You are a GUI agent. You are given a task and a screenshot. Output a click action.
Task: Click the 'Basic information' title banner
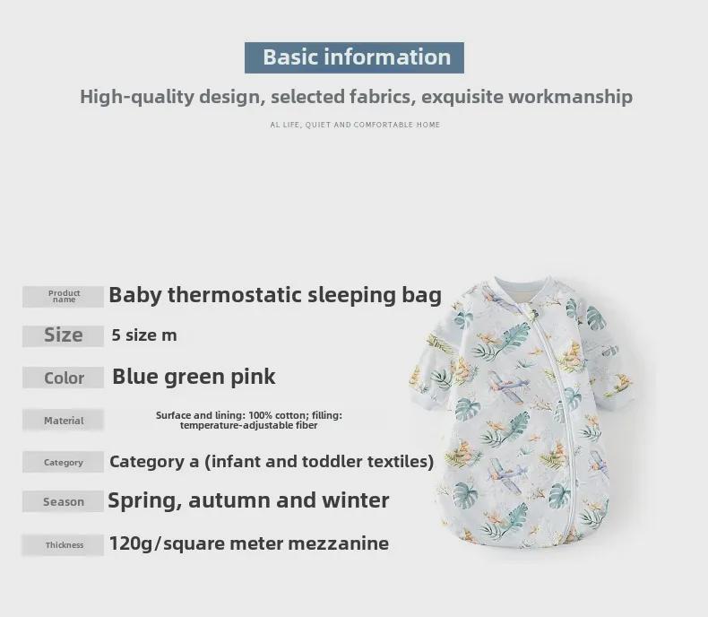click(x=354, y=57)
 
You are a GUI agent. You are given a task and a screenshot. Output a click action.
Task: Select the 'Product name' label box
click(x=64, y=297)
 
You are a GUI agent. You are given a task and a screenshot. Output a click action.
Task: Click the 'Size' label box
click(x=64, y=336)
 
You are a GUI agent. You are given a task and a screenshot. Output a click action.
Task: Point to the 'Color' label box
click(x=64, y=378)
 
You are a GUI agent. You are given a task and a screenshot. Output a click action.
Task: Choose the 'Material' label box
click(x=64, y=420)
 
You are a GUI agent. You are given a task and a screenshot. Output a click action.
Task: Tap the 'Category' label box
click(x=64, y=462)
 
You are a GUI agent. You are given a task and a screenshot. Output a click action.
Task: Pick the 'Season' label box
click(x=64, y=501)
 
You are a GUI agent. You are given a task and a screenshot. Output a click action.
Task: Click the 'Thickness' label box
click(x=64, y=544)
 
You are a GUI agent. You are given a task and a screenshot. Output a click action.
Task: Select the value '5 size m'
click(x=144, y=335)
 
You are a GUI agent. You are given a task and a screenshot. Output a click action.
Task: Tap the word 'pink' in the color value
click(x=253, y=378)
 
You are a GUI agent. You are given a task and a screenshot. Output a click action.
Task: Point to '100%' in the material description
click(x=261, y=415)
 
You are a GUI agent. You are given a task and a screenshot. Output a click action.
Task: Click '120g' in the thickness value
click(x=131, y=543)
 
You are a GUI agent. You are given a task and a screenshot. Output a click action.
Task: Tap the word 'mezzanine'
click(x=338, y=543)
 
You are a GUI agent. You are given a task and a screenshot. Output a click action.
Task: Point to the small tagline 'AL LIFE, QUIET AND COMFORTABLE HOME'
click(x=355, y=125)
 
